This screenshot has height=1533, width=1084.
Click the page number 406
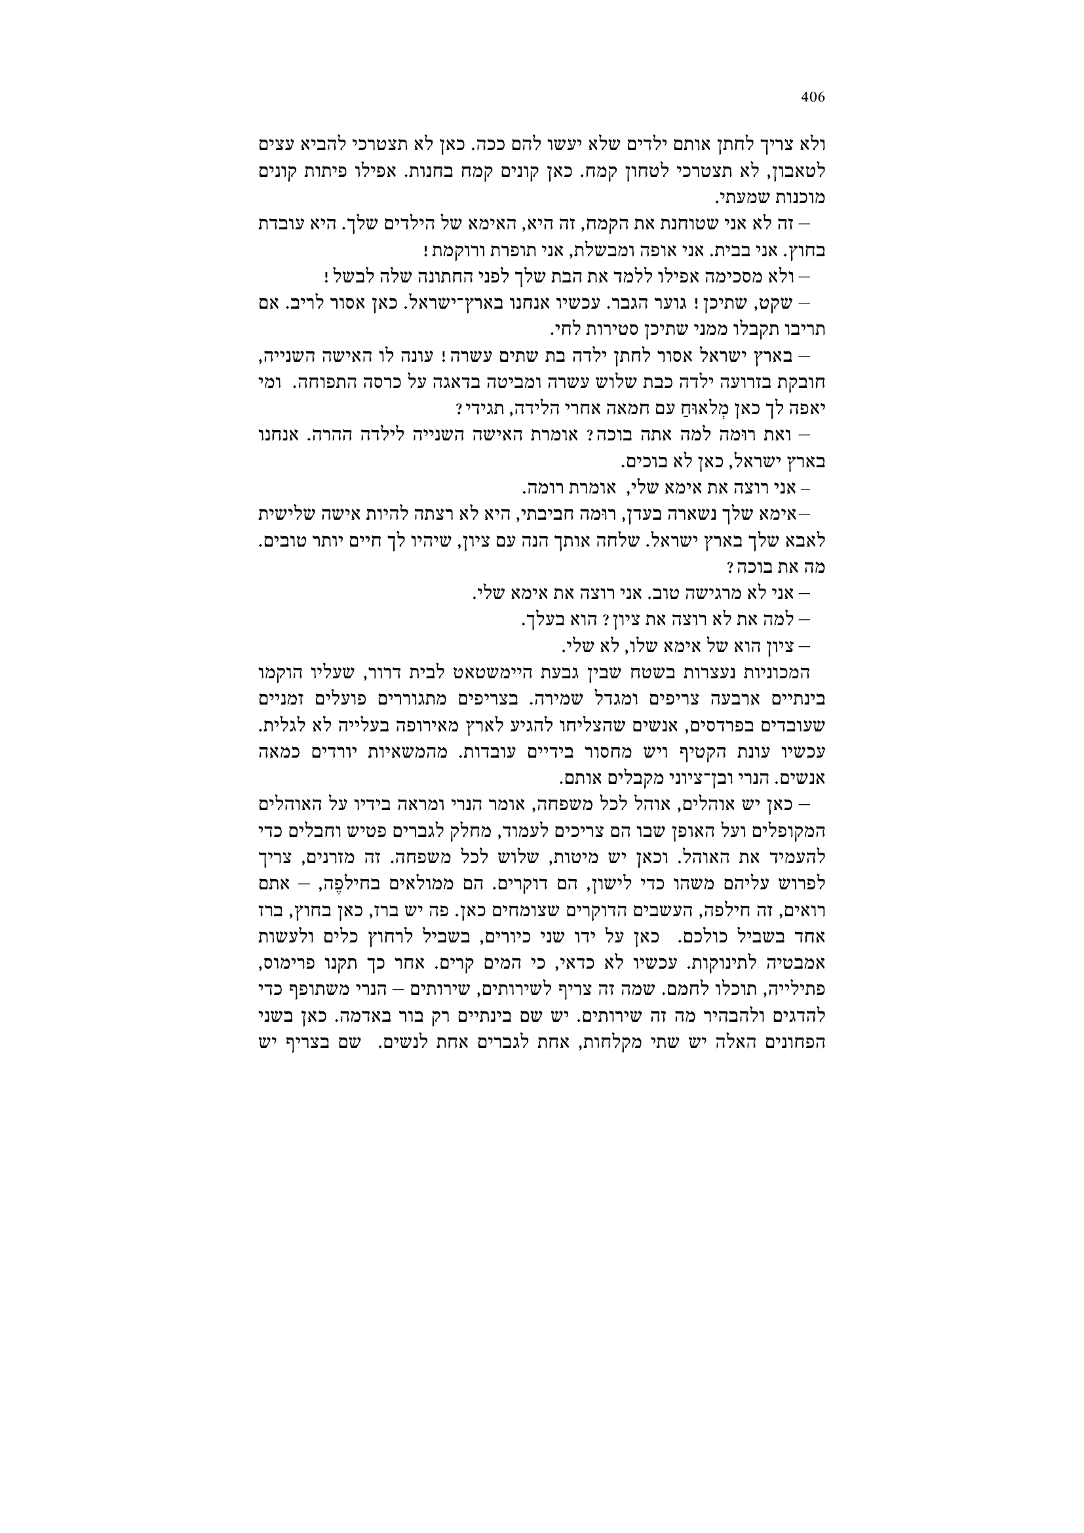tap(812, 98)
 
